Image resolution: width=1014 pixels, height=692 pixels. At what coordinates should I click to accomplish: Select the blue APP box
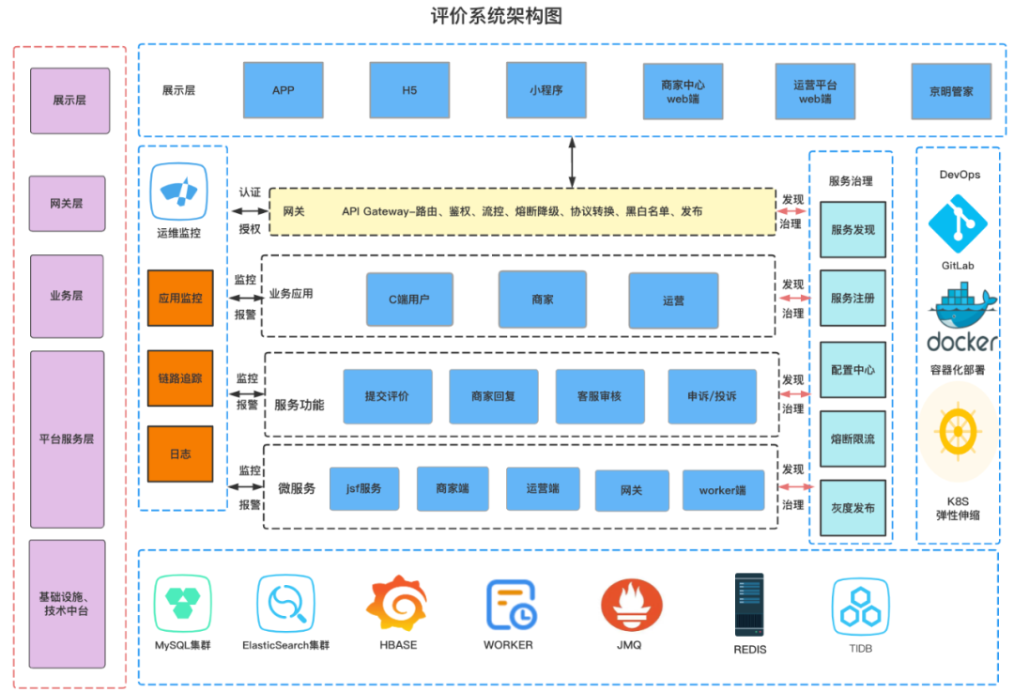283,90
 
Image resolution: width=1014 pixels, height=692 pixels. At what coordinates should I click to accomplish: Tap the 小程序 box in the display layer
545,90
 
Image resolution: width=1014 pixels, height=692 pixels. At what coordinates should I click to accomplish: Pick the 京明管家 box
951,92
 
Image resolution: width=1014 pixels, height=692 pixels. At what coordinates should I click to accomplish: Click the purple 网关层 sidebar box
68,203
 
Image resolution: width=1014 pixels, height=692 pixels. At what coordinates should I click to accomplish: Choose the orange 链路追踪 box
180,378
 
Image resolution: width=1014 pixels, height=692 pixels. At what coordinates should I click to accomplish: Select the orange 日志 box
180,454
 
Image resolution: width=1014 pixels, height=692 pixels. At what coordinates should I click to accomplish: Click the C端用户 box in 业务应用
409,300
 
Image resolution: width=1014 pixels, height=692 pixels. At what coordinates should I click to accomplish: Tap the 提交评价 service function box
387,396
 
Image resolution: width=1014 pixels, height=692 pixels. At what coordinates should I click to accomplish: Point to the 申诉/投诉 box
712,396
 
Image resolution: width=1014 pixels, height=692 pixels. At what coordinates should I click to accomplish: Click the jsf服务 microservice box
364,489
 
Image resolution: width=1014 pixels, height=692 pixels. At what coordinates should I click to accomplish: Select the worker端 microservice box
722,490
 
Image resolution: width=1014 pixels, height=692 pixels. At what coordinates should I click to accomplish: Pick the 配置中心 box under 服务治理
853,370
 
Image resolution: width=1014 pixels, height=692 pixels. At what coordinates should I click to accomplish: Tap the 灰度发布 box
853,508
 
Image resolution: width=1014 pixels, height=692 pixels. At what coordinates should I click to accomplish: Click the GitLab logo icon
958,223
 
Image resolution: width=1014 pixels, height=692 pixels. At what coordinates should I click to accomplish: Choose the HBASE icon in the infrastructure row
398,606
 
